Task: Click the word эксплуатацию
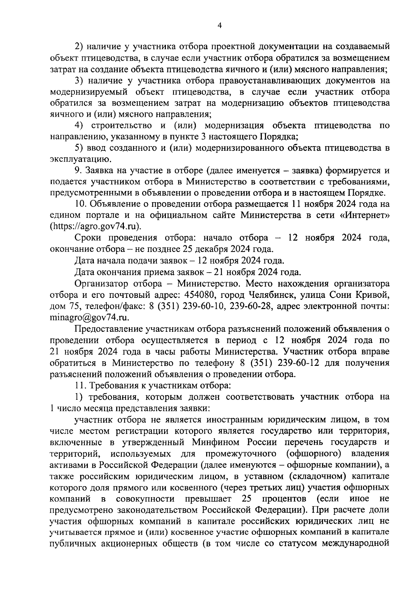pyautogui.click(x=80, y=160)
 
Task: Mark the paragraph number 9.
pyautogui.click(x=78, y=171)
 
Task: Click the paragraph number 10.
pyautogui.click(x=80, y=204)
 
